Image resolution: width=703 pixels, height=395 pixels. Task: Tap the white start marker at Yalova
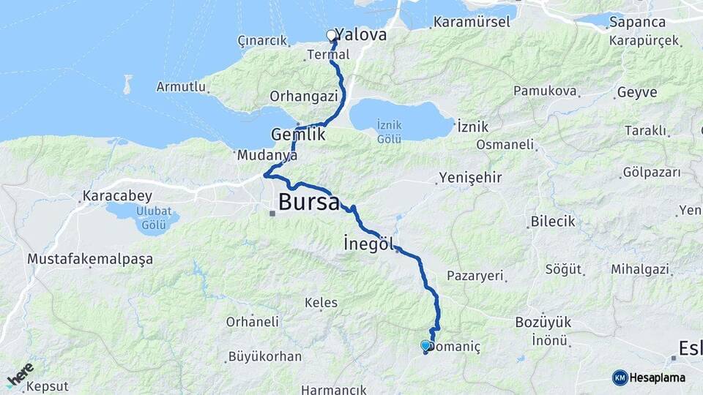pos(331,34)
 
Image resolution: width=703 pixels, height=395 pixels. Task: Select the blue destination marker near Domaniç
pos(425,345)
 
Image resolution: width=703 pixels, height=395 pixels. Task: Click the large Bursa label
pos(308,202)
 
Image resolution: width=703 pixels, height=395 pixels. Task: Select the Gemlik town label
pos(297,135)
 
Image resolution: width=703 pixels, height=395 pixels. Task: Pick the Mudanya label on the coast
pos(267,155)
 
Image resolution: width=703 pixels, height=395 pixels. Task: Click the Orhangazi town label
pos(303,96)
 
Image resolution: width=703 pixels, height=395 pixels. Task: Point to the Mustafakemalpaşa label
pos(90,259)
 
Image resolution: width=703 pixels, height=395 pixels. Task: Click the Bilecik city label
pos(553,222)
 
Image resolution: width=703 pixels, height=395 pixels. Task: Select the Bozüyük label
pos(543,323)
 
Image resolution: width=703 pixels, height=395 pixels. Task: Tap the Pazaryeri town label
pos(475,276)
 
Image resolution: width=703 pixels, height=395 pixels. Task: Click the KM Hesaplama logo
pos(649,377)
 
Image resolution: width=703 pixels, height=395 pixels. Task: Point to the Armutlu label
pos(181,86)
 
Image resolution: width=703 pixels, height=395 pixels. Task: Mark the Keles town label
pos(321,302)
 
